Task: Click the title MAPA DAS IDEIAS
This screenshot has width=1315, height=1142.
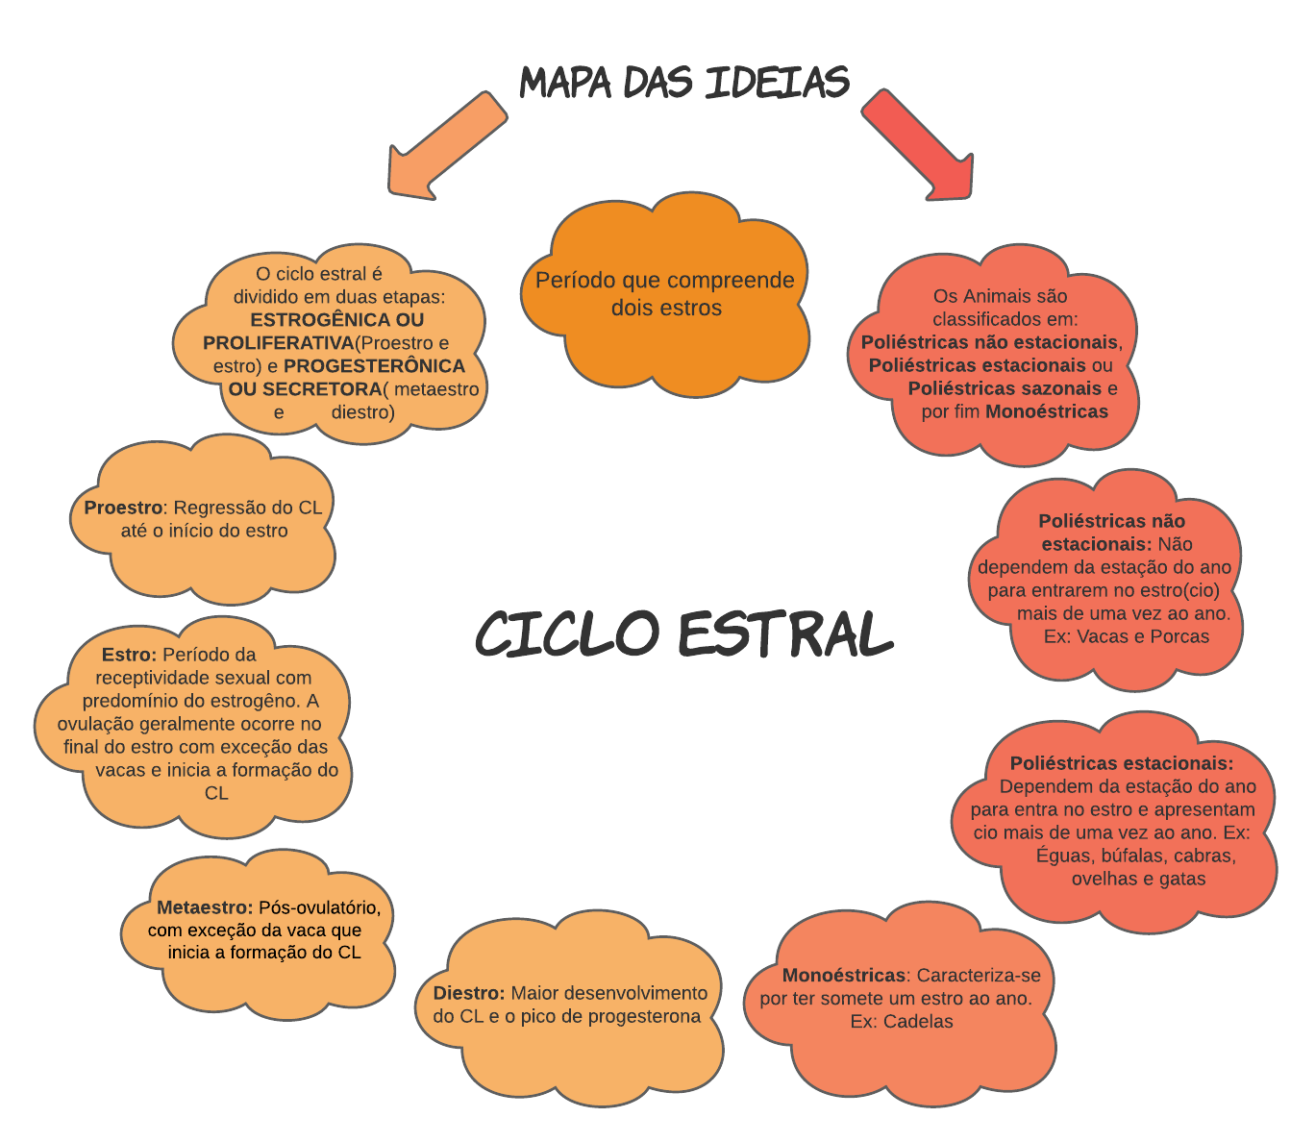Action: tap(684, 83)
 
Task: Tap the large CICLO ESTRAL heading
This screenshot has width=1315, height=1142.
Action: tap(684, 634)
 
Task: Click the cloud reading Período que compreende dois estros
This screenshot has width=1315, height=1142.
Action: tap(664, 293)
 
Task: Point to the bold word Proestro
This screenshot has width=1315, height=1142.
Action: tap(123, 508)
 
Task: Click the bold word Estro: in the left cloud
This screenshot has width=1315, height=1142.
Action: tap(129, 655)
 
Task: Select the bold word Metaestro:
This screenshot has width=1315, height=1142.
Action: tap(205, 907)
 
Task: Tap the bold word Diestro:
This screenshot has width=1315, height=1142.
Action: tap(469, 993)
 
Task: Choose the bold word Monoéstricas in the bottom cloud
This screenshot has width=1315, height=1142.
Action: tap(844, 976)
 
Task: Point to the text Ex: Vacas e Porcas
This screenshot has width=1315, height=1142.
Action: tap(1127, 636)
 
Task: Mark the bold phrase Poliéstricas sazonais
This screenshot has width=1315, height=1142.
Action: tap(1005, 388)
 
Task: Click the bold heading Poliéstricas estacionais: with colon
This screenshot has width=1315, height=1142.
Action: tap(1122, 763)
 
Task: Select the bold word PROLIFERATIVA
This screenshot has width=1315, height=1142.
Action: tap(278, 343)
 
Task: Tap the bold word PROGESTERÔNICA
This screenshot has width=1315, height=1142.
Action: tap(374, 366)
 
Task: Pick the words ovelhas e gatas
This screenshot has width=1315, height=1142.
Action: tap(1138, 879)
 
